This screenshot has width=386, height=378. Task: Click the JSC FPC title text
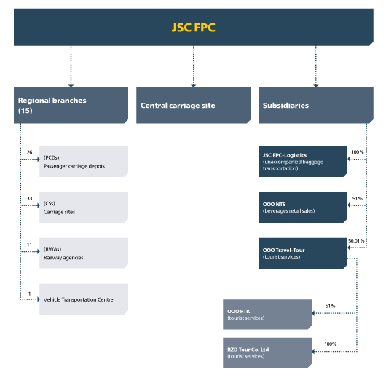[x=193, y=28]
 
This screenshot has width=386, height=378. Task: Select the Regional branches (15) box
[x=70, y=105]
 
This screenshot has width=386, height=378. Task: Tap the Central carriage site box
[x=193, y=105]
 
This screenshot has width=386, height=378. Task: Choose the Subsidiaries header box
[x=315, y=105]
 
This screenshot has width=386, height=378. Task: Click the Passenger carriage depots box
[x=84, y=161]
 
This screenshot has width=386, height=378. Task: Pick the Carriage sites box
[x=84, y=207]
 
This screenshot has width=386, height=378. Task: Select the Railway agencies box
[x=84, y=253]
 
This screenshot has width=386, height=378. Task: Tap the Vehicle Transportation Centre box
[x=84, y=299]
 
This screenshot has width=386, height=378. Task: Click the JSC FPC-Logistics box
[x=303, y=161]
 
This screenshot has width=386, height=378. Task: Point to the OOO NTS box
[x=303, y=207]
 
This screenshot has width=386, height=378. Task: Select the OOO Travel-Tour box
[x=303, y=253]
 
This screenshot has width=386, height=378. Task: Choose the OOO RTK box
[x=267, y=314]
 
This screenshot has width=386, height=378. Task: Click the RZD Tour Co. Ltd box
[x=267, y=353]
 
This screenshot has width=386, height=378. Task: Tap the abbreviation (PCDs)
[x=53, y=157]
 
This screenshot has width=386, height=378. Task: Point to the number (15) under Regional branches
[x=25, y=111]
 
